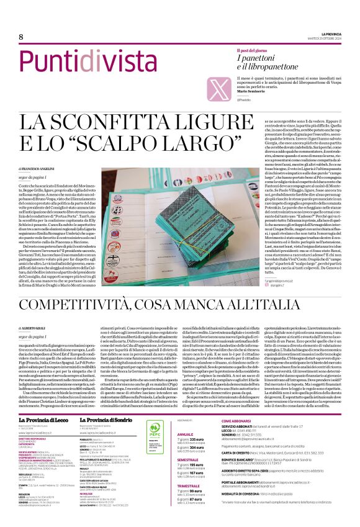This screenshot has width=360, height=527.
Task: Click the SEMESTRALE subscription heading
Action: (189, 460)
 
